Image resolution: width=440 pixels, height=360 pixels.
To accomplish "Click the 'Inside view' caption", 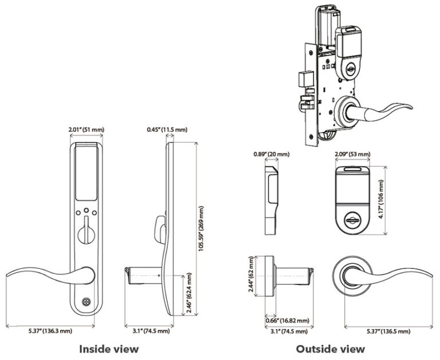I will pos(109,348).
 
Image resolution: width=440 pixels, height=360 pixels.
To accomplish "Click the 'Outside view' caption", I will pos(330,348).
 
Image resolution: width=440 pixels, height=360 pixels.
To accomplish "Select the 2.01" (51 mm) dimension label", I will pos(86,130).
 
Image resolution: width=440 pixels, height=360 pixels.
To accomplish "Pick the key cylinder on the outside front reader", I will pos(352,219).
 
